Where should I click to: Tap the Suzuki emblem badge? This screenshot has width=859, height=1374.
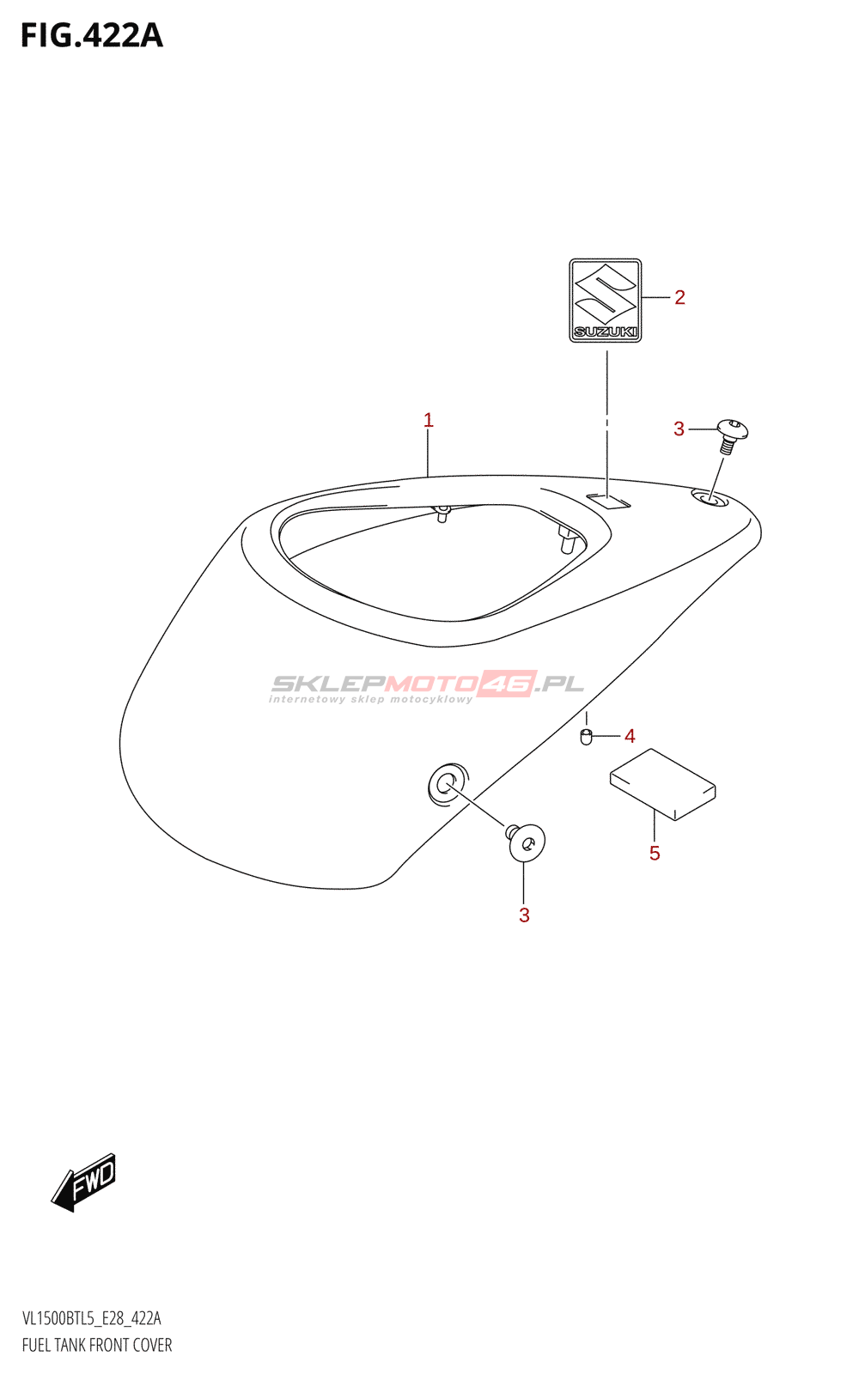click(606, 300)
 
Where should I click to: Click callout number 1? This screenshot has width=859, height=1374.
click(428, 421)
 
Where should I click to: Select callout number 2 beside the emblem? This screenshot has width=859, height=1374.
click(679, 298)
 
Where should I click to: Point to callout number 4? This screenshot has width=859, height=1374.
click(630, 736)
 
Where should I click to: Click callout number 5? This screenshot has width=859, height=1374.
click(655, 854)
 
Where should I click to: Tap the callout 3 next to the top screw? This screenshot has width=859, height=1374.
click(679, 429)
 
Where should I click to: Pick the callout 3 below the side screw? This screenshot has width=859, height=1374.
click(524, 915)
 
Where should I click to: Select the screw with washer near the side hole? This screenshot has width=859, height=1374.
click(526, 842)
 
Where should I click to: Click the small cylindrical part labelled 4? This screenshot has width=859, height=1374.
click(587, 737)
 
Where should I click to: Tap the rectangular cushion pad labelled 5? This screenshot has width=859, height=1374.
click(662, 784)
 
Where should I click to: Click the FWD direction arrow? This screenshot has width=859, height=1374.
click(84, 1182)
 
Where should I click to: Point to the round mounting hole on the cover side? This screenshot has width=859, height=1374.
click(447, 783)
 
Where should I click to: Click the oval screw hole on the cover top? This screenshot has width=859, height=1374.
click(710, 497)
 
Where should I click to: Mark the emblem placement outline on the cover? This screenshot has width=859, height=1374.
click(608, 501)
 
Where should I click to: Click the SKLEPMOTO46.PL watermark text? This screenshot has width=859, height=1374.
click(427, 684)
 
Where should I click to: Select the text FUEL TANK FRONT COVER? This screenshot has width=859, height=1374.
click(97, 1345)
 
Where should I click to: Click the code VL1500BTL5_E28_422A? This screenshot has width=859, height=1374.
click(92, 1318)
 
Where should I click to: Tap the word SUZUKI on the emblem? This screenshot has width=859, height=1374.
click(606, 331)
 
